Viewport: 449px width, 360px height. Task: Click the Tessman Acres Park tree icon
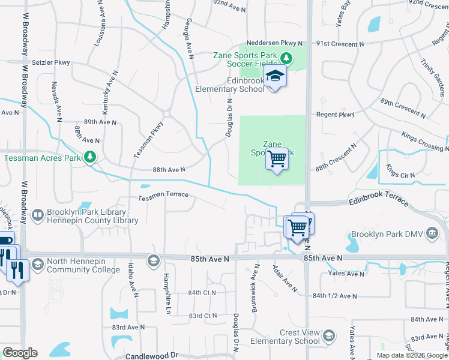(91, 157)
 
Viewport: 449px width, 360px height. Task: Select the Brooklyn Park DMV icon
(431, 233)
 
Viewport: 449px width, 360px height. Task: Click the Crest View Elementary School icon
(328, 335)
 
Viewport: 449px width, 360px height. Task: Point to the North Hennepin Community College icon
(37, 264)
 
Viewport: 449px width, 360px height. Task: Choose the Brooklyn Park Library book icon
(37, 215)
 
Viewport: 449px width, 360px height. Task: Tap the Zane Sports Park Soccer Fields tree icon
(286, 58)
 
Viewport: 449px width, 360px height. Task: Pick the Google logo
(20, 353)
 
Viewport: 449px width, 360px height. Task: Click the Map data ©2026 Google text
(411, 355)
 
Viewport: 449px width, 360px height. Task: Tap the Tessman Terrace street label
(163, 195)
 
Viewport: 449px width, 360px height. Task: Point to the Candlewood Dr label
(152, 356)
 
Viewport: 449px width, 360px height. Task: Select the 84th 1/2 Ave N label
(334, 296)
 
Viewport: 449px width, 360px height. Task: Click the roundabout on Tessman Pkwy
(167, 113)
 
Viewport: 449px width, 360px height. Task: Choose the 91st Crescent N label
(340, 44)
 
